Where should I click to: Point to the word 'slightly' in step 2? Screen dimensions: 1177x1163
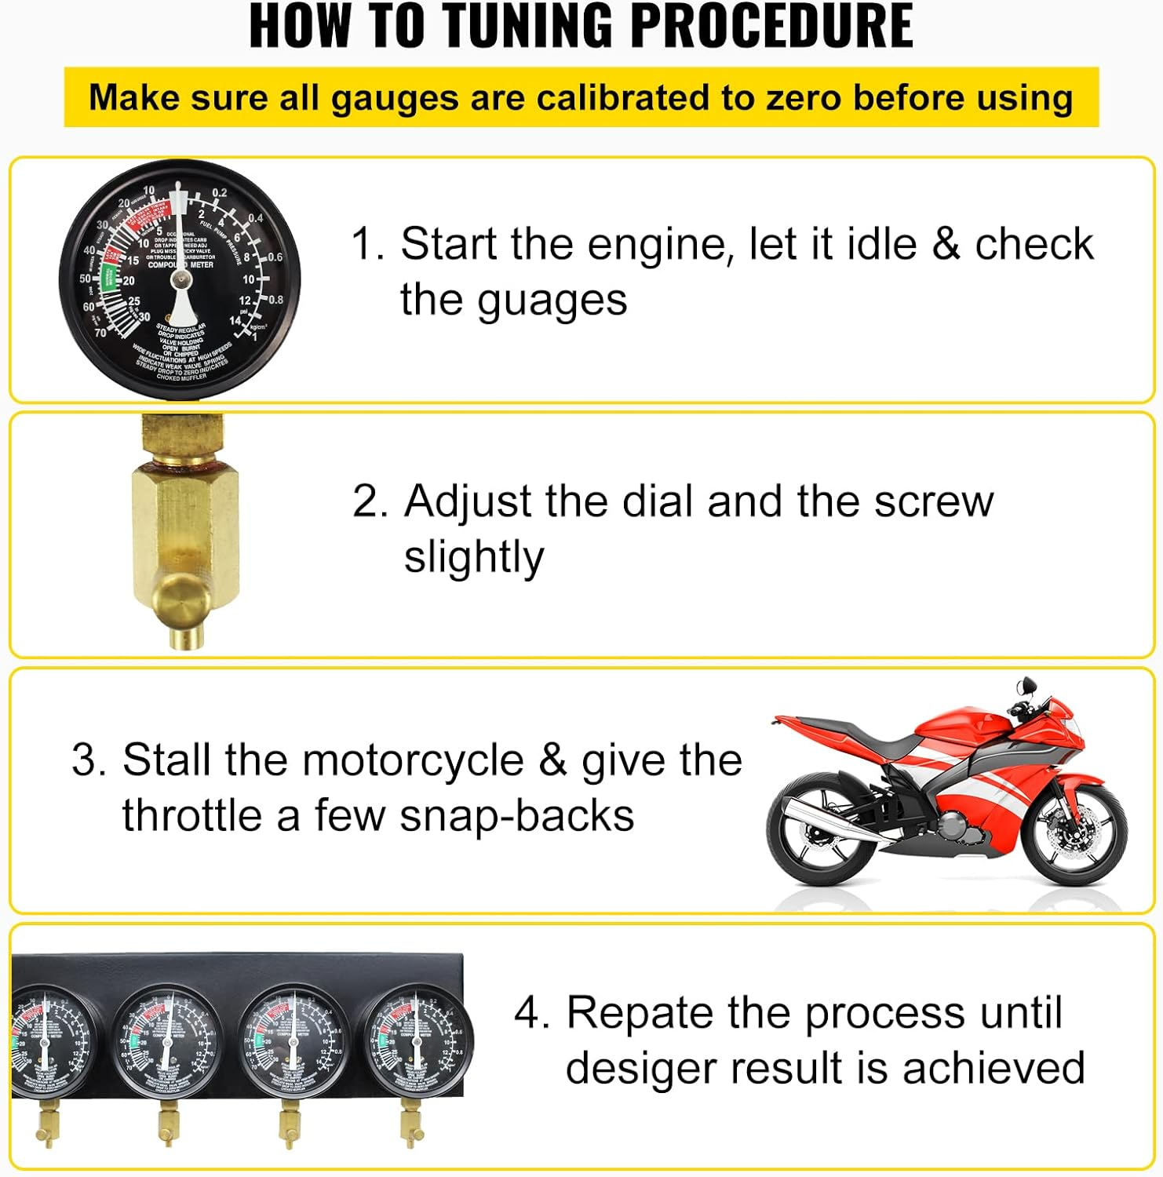(473, 558)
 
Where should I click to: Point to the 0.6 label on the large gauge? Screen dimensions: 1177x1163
(275, 257)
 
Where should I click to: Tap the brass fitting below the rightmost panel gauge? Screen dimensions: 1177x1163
(410, 1130)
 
